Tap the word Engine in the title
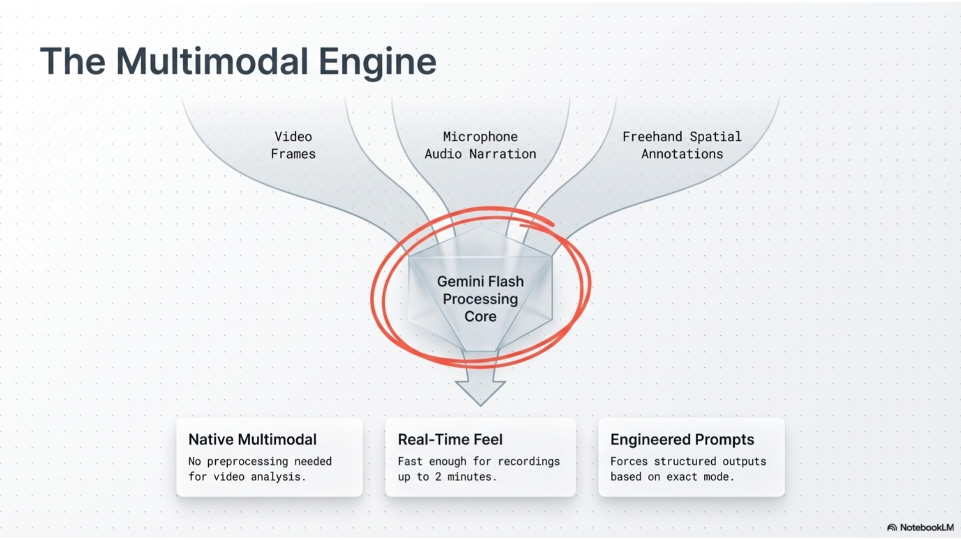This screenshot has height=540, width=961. tap(377, 62)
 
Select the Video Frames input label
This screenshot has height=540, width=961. tap(293, 145)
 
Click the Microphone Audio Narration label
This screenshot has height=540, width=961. tap(480, 145)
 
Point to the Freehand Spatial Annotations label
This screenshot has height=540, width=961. tap(682, 145)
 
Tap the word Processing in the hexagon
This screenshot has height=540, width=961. tap(480, 299)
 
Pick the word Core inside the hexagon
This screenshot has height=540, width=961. tap(480, 316)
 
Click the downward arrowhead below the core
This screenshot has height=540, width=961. tap(480, 393)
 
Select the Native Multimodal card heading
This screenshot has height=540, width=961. tap(253, 439)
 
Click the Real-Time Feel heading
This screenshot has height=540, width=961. tap(450, 439)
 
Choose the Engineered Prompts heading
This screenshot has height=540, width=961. tap(682, 439)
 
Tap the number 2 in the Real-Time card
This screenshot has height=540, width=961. tap(438, 477)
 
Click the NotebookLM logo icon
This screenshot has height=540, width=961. tap(892, 527)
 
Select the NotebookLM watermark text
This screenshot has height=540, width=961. tap(927, 527)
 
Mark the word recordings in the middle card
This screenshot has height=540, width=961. tap(529, 461)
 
